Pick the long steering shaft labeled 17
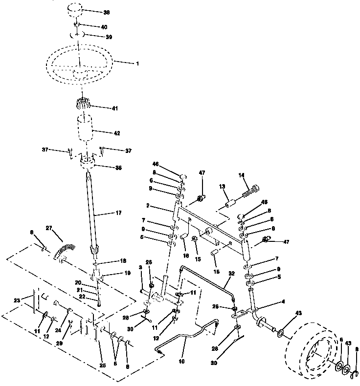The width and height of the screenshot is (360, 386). pyautogui.click(x=93, y=210)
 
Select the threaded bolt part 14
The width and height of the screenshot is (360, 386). pyautogui.click(x=250, y=191)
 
